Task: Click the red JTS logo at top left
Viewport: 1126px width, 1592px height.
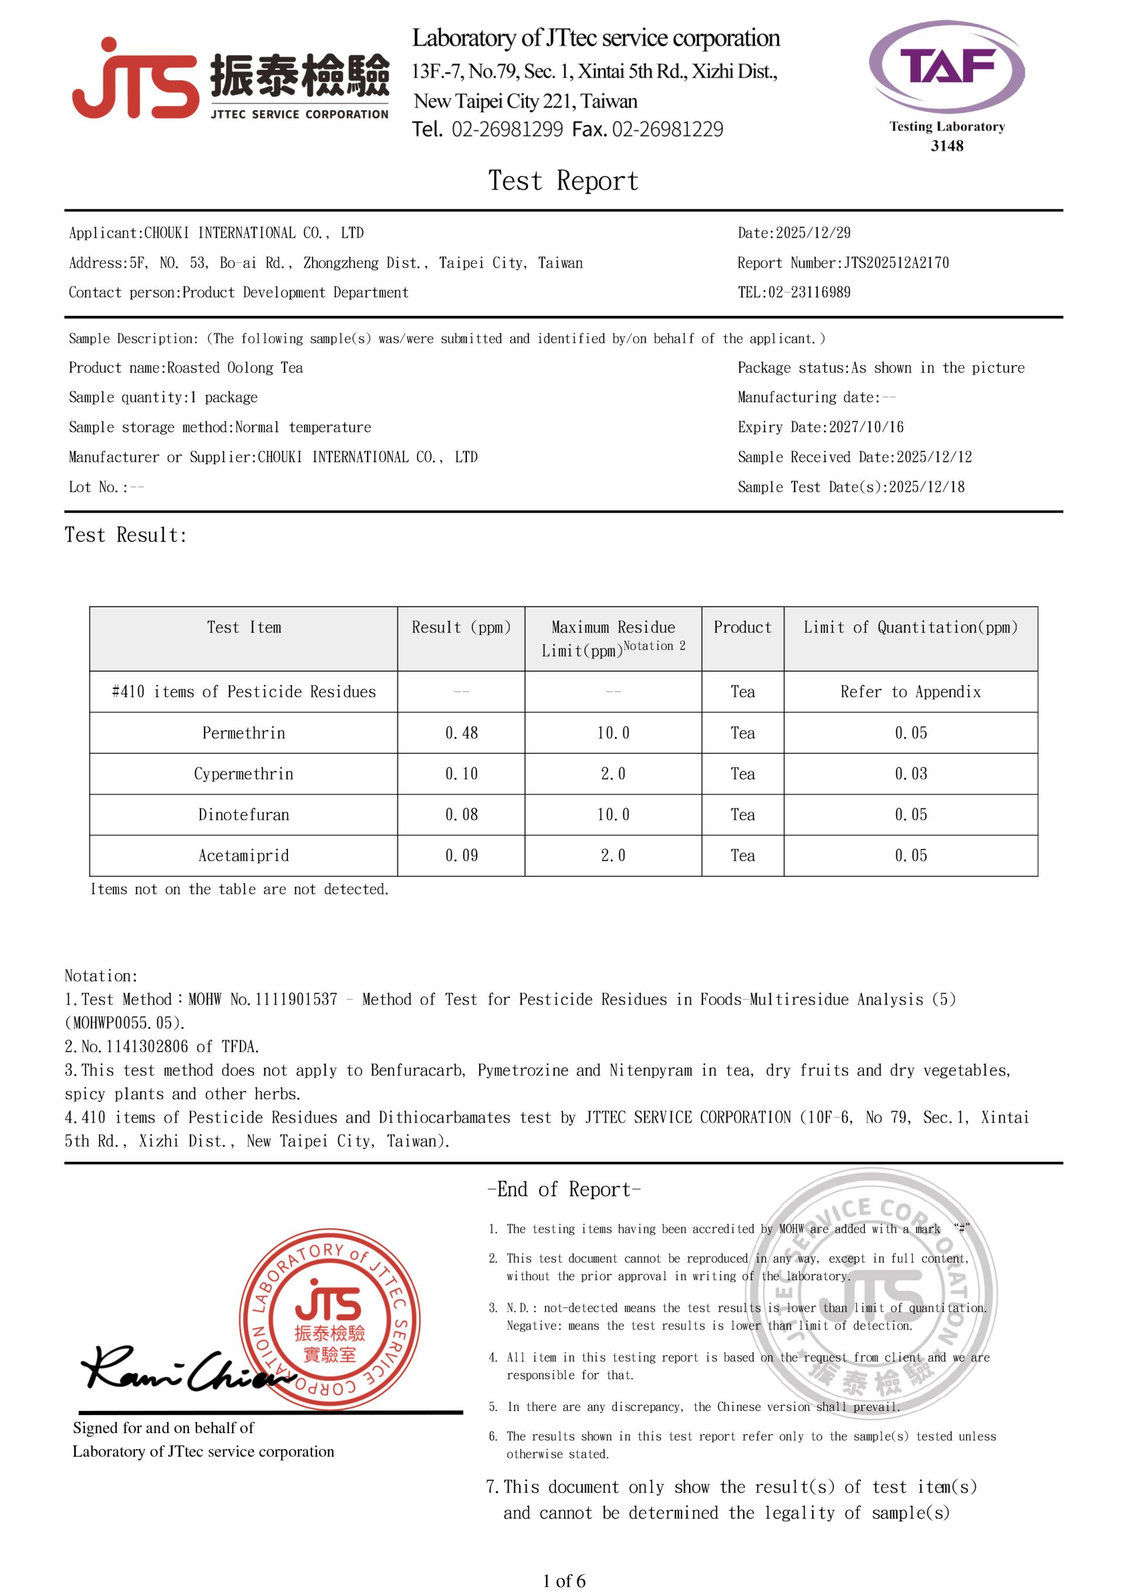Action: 135,80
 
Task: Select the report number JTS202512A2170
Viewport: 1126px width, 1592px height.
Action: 896,263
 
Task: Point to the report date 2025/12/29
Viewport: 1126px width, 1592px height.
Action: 812,233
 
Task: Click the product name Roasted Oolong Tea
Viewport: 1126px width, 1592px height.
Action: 235,368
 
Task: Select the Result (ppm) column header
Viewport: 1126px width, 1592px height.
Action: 461,628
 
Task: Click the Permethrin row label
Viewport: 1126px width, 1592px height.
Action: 243,733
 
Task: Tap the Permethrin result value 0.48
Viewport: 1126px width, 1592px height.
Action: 462,733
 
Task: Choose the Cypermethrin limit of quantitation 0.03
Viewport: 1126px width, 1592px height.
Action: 910,774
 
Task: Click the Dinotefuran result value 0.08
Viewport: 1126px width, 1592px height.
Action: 462,815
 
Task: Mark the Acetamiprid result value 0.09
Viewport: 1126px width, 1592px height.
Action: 462,856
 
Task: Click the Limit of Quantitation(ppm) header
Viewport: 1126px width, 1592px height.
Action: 910,628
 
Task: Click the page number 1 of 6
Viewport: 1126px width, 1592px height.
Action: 564,1581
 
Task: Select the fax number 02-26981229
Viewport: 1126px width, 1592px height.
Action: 667,129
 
